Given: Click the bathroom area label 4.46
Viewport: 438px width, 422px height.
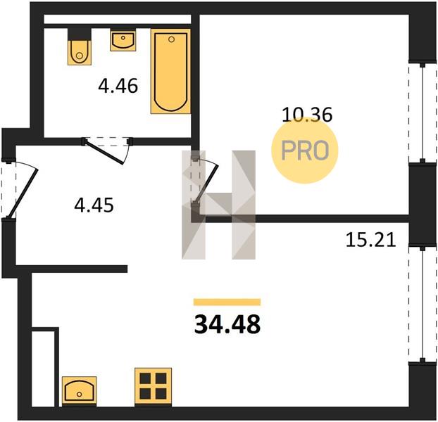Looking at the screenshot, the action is pos(118,86).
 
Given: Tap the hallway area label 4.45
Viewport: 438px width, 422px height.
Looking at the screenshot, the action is pos(94,205).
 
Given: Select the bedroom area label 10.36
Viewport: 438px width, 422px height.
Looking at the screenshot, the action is pos(307,115).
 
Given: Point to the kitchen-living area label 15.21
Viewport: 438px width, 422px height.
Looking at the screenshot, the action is pos(370,240).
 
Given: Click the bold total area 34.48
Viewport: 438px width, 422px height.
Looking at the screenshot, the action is pos(227,324).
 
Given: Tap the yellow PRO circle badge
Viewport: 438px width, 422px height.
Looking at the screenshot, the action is pos(305,150).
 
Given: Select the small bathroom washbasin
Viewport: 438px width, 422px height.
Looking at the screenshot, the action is pos(123,41).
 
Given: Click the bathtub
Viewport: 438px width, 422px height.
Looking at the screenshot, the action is pos(170,71).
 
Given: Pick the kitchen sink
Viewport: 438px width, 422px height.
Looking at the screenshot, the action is pos(80,390).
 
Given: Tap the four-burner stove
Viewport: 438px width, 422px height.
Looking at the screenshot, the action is pos(153,387).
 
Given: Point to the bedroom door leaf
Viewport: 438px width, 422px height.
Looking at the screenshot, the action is pos(206,184).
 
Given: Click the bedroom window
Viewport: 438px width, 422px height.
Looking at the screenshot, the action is pos(423,113).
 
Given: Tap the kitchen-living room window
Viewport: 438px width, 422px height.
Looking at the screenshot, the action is pos(423,304).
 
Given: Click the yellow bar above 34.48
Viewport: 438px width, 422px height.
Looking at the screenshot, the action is pos(227,302).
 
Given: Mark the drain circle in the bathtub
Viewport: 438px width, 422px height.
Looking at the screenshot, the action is pos(171,39).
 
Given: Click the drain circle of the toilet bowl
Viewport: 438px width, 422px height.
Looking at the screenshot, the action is pos(80,56).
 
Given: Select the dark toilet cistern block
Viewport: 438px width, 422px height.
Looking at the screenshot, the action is pos(80,34).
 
